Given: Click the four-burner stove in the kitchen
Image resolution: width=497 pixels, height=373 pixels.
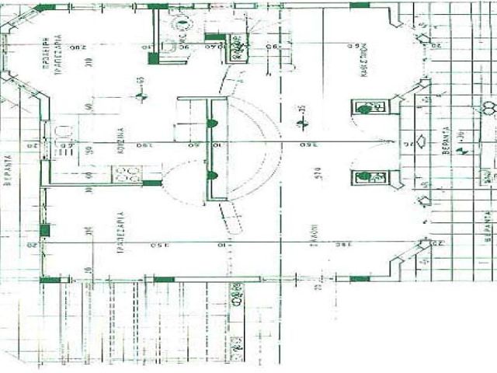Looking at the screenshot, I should tap(127, 174).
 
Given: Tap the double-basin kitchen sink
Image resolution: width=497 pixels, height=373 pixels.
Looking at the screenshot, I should tap(63, 138).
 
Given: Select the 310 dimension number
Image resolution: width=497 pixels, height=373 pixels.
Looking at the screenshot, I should tap(89, 70).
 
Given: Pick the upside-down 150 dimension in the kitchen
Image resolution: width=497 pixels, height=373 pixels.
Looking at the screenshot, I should tap(144, 144).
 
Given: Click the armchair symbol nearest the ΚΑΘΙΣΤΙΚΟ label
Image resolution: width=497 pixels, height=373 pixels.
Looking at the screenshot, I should tap(365, 107).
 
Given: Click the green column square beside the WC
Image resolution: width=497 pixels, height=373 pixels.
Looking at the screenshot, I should tap(153, 58).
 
